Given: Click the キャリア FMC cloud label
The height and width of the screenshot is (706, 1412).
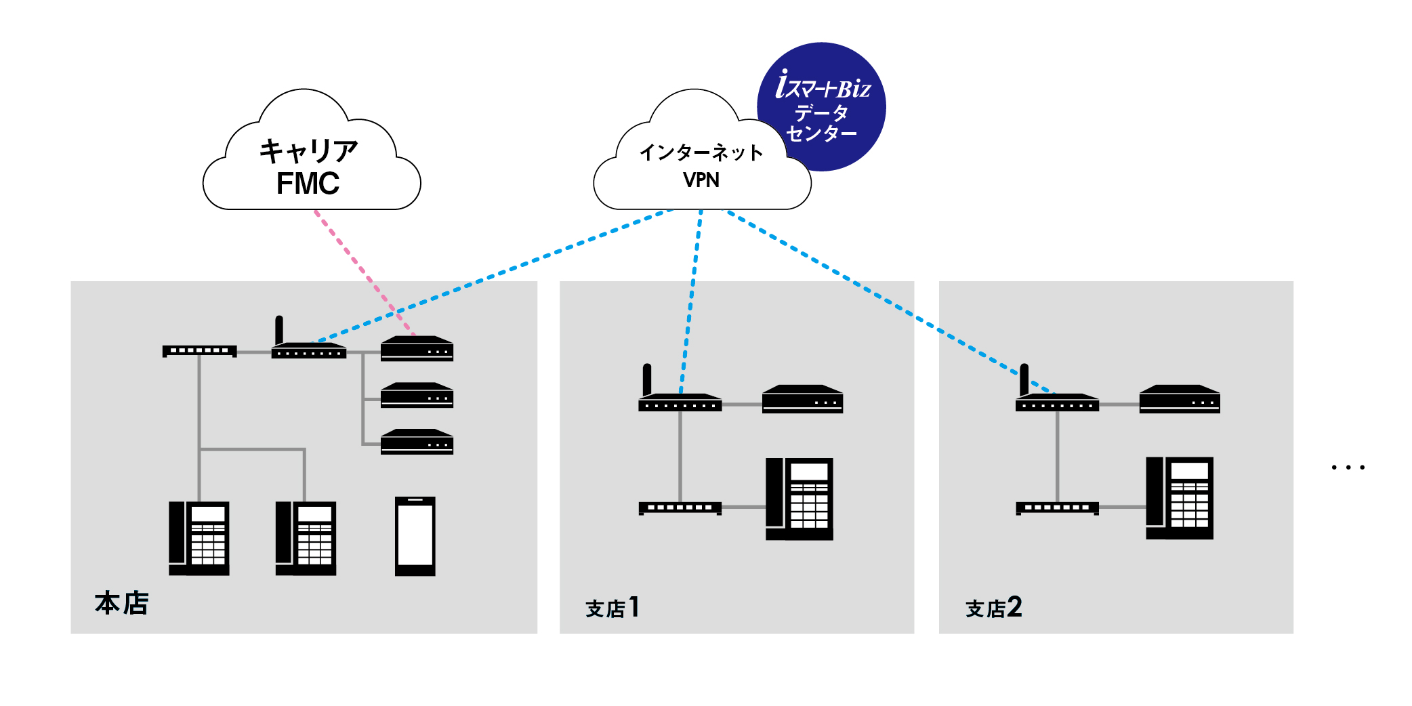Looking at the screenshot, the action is pyautogui.click(x=308, y=167).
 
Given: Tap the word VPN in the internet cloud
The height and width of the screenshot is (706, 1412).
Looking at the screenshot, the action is pyautogui.click(x=701, y=180).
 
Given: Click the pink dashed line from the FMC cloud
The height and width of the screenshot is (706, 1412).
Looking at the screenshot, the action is pyautogui.click(x=365, y=272).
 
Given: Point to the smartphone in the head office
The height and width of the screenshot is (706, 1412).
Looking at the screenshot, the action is pyautogui.click(x=415, y=537).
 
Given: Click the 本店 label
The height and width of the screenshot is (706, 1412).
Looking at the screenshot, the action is pyautogui.click(x=122, y=602).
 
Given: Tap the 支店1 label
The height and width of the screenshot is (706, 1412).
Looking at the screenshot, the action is pyautogui.click(x=612, y=607).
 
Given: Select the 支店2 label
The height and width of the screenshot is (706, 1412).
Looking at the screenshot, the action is pyautogui.click(x=993, y=607).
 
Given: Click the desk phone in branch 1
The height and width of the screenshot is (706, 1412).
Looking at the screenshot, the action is pyautogui.click(x=800, y=499).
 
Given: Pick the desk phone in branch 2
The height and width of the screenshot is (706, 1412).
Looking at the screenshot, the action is pyautogui.click(x=1180, y=498).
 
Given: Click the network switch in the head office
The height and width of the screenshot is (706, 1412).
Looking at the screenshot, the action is pyautogui.click(x=199, y=351).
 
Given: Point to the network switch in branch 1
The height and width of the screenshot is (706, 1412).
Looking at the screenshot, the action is pyautogui.click(x=680, y=508).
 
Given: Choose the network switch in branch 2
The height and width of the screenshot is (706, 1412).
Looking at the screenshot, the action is pyautogui.click(x=1057, y=508).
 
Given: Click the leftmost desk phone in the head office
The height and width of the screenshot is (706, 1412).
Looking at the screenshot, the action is pyautogui.click(x=199, y=539).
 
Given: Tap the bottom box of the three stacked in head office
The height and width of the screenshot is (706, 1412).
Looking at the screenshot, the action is pyautogui.click(x=417, y=442).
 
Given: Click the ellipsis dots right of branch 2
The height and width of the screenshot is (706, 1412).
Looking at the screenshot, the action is pyautogui.click(x=1348, y=467).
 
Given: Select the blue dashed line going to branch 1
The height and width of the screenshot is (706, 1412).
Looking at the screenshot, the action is pyautogui.click(x=691, y=302).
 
